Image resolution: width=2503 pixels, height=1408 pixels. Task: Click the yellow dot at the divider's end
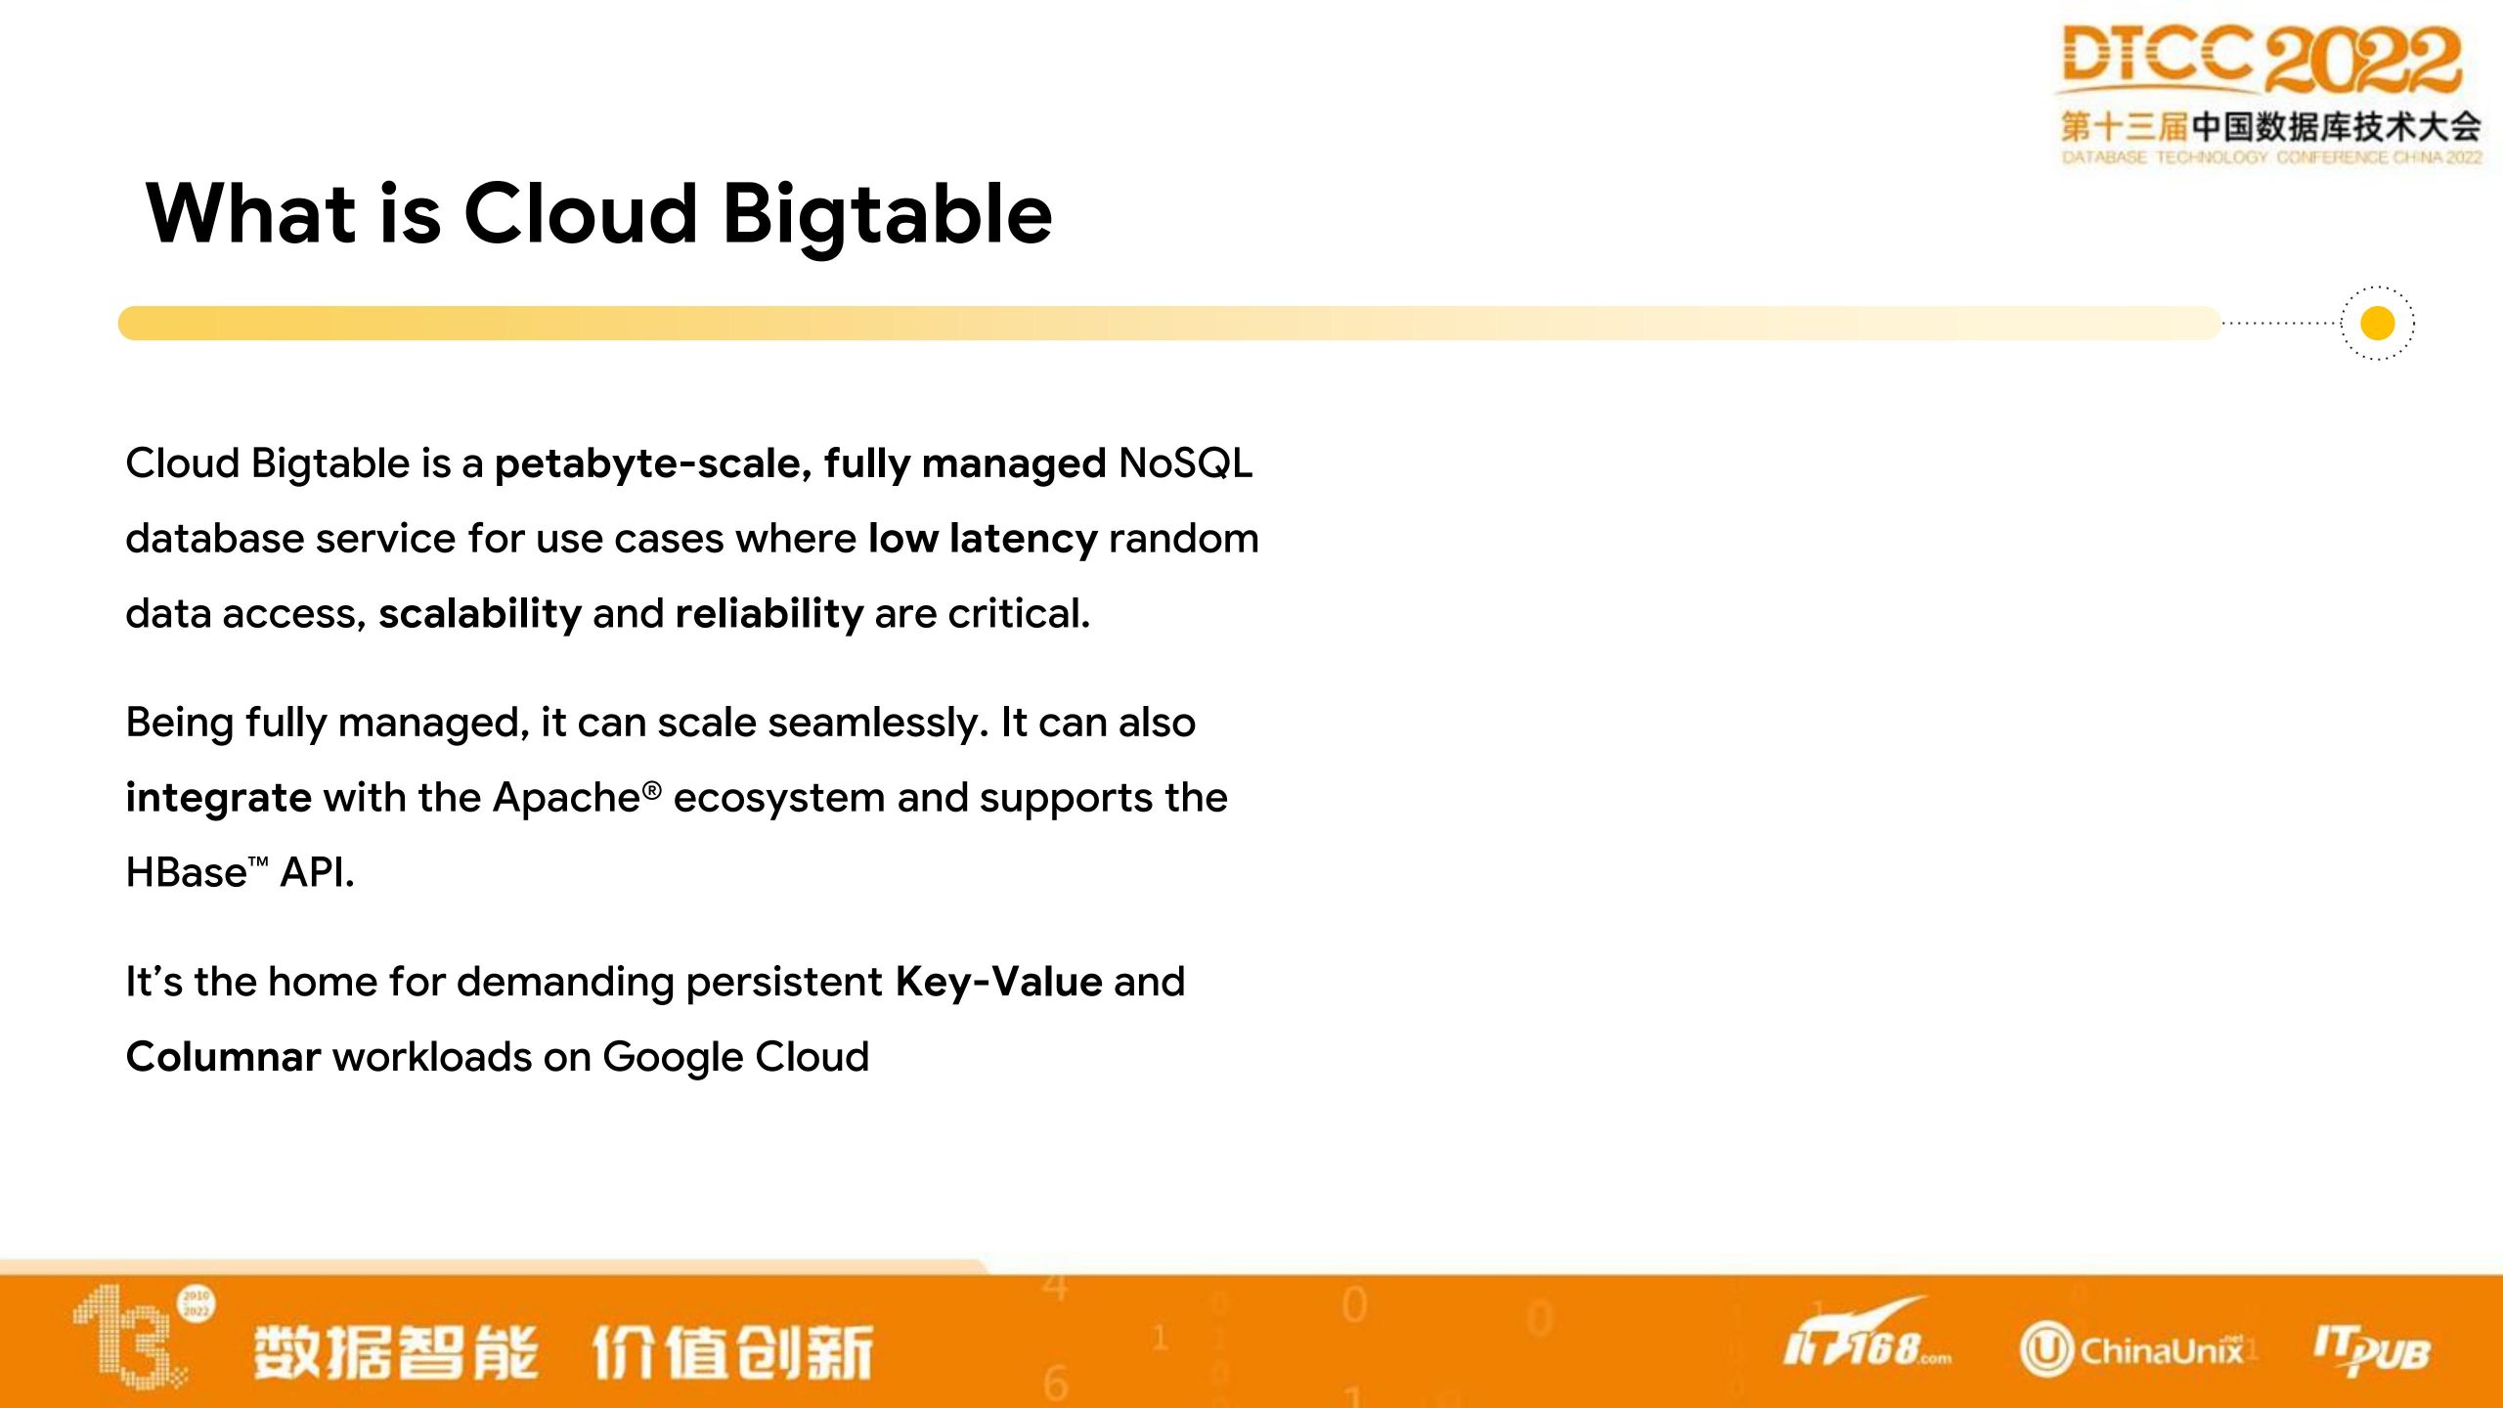[x=2377, y=323]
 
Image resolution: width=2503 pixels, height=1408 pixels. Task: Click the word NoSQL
[x=1185, y=463]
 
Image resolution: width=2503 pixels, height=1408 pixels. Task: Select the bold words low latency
[x=983, y=539]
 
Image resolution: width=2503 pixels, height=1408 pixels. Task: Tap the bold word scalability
[x=480, y=615]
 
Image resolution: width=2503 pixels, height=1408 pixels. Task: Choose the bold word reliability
[x=769, y=615]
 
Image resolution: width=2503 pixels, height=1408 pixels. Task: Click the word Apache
[x=567, y=798]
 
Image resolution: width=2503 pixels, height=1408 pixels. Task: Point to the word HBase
[x=187, y=872]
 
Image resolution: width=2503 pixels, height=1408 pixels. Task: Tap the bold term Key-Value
[x=998, y=983]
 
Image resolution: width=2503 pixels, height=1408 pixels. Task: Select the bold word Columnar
[x=224, y=1057]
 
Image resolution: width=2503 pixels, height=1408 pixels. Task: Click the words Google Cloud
[x=735, y=1058]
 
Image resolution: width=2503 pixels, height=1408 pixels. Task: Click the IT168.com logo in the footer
[x=1866, y=1334]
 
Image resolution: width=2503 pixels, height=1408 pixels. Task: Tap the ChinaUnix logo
[x=2131, y=1350]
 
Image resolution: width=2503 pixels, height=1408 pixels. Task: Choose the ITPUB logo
[x=2371, y=1349]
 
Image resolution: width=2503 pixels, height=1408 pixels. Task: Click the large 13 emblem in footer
[x=137, y=1336]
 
